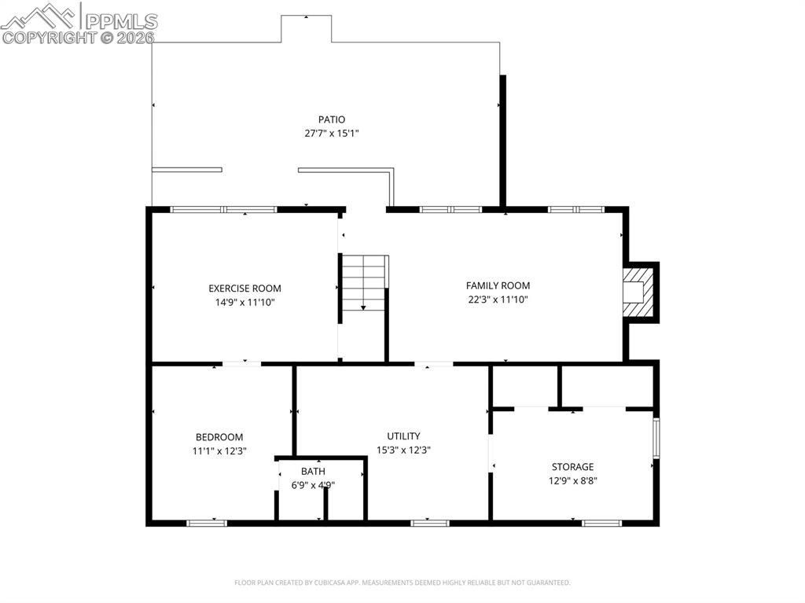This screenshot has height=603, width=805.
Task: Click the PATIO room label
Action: [331, 119]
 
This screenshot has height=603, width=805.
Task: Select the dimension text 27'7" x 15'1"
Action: [331, 134]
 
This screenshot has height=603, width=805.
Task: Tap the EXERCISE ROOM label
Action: [244, 289]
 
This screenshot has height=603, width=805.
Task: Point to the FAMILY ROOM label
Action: [498, 285]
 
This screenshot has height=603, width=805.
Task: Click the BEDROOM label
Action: [219, 437]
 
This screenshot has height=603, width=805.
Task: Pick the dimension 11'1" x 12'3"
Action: [219, 450]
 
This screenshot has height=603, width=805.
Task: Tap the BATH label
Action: [312, 472]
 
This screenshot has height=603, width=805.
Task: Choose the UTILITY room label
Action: [403, 436]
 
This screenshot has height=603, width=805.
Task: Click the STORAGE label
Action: [572, 467]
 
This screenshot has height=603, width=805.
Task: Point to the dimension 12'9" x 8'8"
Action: [572, 480]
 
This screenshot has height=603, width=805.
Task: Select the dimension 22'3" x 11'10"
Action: [498, 299]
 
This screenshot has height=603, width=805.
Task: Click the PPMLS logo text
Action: [121, 21]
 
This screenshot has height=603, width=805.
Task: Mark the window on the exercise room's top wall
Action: [224, 209]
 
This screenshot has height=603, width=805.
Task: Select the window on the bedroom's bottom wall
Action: [207, 522]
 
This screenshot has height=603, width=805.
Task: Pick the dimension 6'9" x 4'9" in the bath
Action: [313, 485]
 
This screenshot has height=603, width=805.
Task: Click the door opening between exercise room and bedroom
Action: [241, 363]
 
